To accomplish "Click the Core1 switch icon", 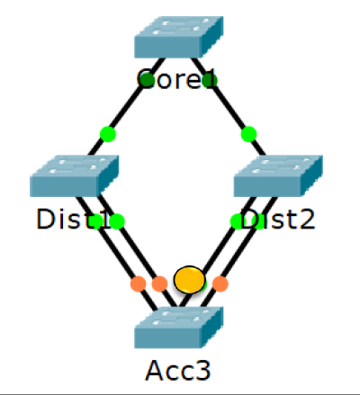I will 178,39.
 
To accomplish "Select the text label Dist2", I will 278,220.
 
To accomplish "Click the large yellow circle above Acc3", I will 189,279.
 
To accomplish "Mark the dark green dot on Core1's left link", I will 147,80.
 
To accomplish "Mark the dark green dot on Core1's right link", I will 209,80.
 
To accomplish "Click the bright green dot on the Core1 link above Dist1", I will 108,134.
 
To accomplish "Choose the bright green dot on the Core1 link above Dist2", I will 249,134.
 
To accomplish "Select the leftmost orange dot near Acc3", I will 138,283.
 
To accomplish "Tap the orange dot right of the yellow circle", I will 220,283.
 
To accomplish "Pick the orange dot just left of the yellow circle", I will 159,283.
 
